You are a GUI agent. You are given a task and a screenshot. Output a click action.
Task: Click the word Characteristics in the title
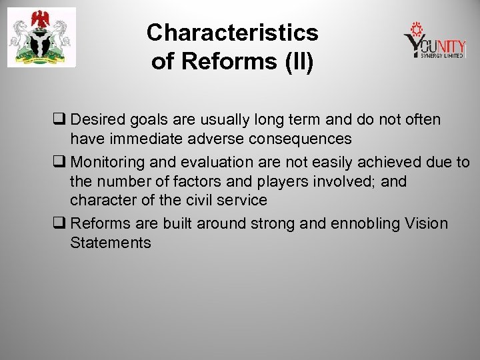click(x=233, y=32)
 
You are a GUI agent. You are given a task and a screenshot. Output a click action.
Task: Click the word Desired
click(x=97, y=119)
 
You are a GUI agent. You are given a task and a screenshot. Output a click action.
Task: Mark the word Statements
click(x=110, y=243)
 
